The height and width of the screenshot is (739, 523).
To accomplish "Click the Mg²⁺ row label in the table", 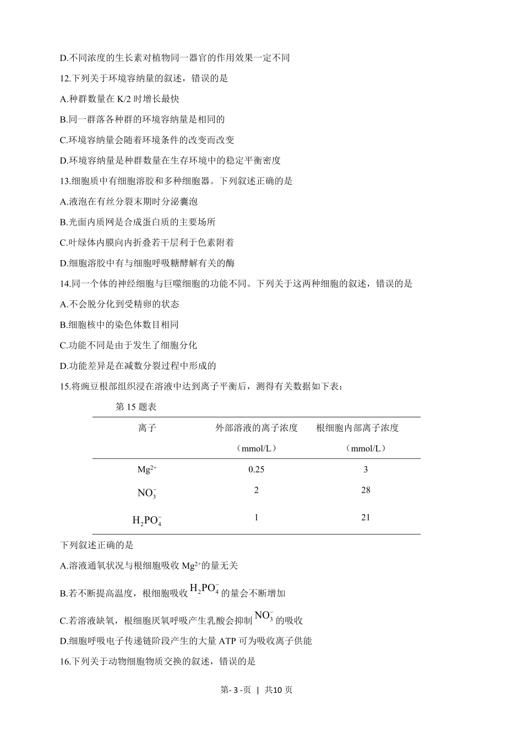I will click(x=147, y=469).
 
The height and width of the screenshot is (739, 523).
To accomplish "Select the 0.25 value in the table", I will click(x=256, y=469).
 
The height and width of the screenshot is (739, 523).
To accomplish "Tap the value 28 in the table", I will click(x=366, y=490).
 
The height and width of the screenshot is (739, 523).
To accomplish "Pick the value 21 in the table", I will click(x=366, y=517).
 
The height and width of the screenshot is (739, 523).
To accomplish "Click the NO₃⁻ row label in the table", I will click(x=147, y=493).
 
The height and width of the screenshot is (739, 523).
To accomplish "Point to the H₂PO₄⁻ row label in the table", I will click(x=147, y=520).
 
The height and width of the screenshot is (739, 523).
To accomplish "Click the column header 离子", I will click(x=147, y=428).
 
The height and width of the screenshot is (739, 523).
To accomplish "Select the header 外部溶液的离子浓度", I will click(x=256, y=428).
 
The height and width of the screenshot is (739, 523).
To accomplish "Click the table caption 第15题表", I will click(x=136, y=407).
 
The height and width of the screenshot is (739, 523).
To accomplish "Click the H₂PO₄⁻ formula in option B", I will click(x=205, y=589).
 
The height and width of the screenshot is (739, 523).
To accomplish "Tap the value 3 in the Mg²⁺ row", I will click(x=366, y=469).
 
